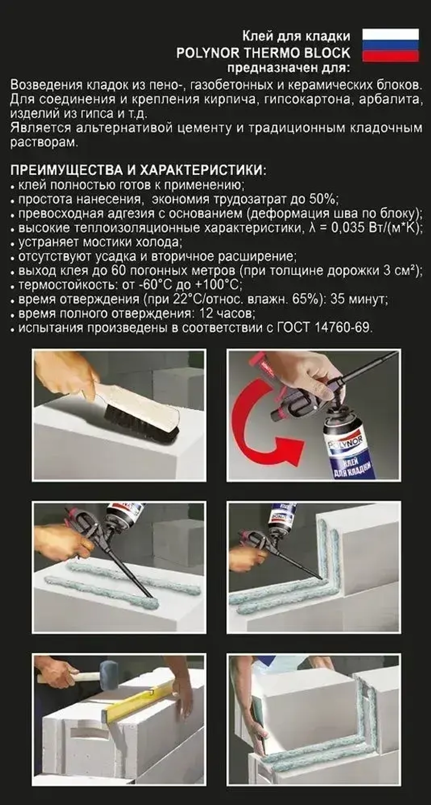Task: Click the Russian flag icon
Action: (x=390, y=45)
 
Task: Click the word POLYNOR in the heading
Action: (x=208, y=53)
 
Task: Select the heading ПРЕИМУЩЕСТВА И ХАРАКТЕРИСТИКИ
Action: (x=138, y=170)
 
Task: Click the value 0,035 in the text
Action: (x=348, y=228)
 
